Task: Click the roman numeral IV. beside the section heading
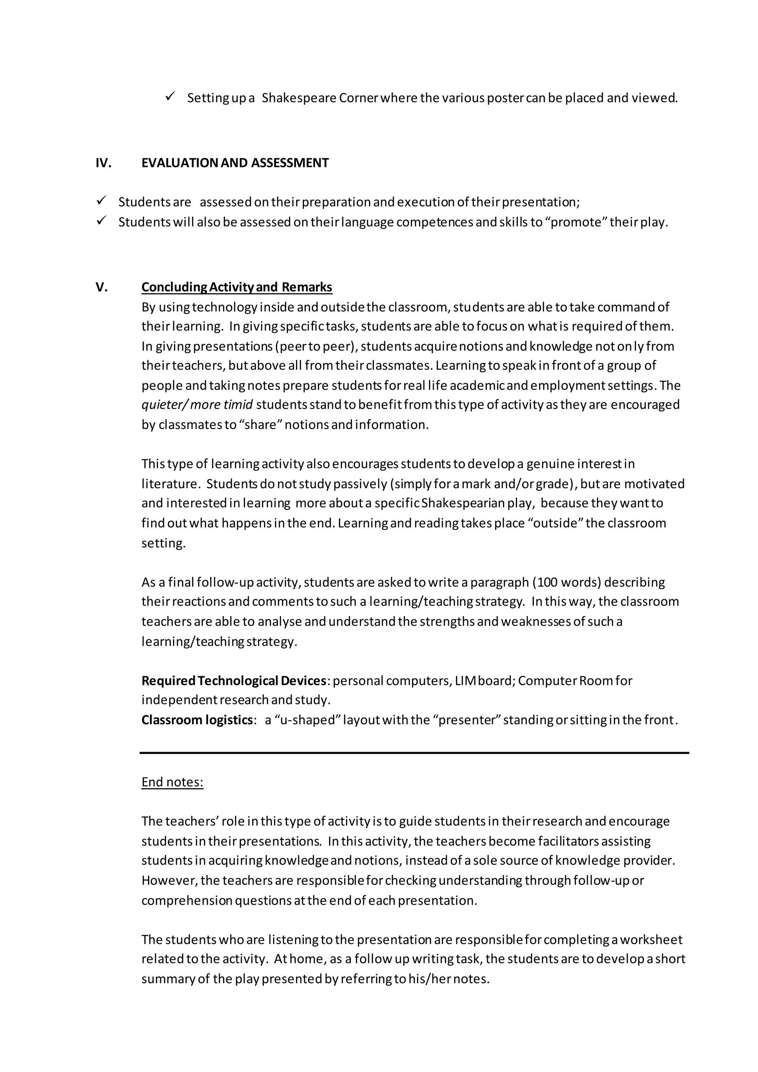coord(103,163)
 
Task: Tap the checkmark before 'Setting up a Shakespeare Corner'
coord(170,97)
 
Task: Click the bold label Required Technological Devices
coord(234,680)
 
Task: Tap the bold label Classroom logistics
coord(197,720)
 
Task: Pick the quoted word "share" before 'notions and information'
coord(260,425)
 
